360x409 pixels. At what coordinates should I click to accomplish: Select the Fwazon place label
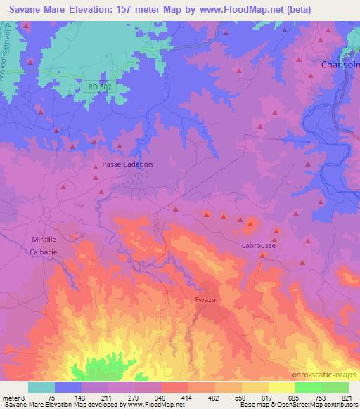[x=208, y=300]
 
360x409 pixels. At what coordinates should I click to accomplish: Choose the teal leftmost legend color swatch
[x=41, y=387]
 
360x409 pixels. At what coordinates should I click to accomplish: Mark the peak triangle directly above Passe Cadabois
[x=120, y=145]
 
